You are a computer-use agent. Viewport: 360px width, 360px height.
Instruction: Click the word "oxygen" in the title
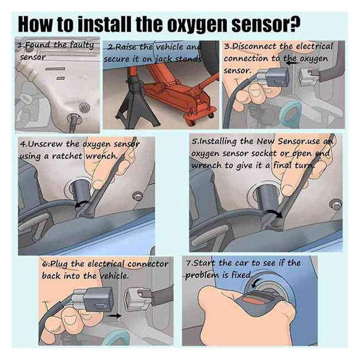tap(196, 24)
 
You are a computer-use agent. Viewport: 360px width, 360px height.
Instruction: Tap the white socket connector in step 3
tap(309, 74)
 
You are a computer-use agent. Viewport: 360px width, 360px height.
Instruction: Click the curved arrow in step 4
tap(82, 203)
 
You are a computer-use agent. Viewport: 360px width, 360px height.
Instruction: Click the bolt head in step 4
tap(137, 196)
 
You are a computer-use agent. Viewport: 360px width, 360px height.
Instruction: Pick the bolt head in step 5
tap(336, 204)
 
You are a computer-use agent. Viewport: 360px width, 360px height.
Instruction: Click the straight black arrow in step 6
tap(114, 316)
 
